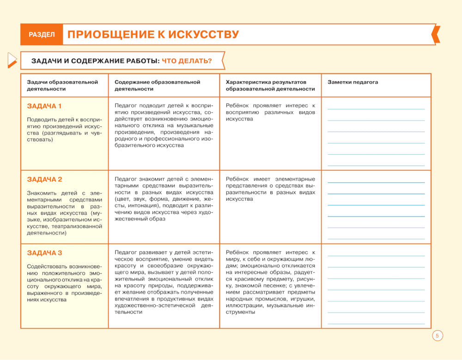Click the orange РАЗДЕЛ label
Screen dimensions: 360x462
[x=42, y=35]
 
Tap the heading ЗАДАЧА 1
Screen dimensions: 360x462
[x=44, y=106]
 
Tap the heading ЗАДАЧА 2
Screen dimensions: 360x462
[x=44, y=180]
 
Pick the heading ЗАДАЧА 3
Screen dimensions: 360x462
[x=44, y=253]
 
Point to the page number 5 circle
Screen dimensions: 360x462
[x=437, y=336]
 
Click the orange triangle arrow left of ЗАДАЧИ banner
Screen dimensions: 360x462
[x=12, y=60]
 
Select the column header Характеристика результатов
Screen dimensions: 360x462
[x=270, y=82]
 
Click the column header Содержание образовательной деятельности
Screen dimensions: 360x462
[x=157, y=85]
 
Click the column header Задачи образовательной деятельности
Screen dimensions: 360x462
[x=62, y=85]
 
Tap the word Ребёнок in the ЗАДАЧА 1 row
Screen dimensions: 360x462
[x=238, y=106]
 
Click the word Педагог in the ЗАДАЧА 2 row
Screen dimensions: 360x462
[x=127, y=179]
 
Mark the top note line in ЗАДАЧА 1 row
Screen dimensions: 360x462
[x=376, y=109]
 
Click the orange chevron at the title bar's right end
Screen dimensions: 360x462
[x=436, y=35]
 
